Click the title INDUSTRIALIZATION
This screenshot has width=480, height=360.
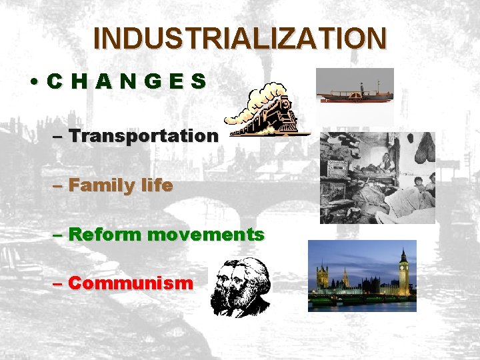coord(239,38)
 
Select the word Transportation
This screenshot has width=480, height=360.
coord(143,136)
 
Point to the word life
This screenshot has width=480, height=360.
coord(156,185)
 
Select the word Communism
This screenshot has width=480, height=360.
coord(131,283)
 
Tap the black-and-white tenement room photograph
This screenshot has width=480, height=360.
coord(377,177)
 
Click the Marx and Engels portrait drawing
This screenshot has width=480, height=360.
coord(240,287)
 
